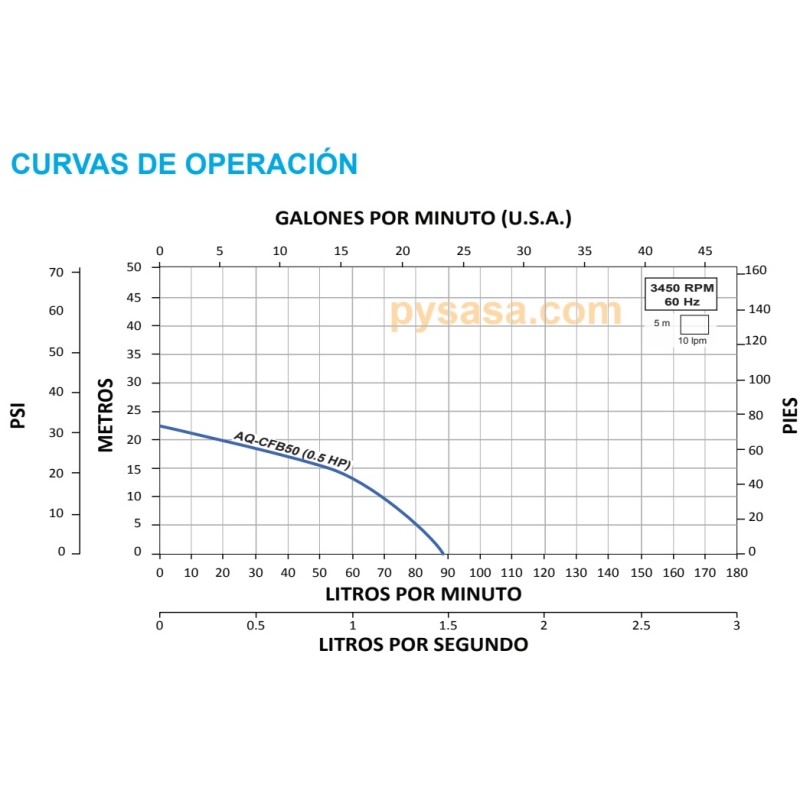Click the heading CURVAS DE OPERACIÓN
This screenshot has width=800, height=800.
point(184,163)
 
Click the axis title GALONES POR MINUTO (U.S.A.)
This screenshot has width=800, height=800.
point(423,217)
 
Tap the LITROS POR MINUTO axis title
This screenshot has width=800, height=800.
point(423,593)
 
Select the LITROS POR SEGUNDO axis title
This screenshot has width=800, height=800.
point(423,644)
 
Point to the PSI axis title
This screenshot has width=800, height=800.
point(17,416)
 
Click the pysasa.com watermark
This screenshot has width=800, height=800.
point(506,311)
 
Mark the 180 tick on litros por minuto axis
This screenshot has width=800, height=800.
point(736,573)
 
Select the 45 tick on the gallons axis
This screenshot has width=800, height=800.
point(706,251)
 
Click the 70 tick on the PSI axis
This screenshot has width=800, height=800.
point(56,272)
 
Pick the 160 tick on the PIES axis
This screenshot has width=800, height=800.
point(756,270)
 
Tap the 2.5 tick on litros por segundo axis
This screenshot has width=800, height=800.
point(640,625)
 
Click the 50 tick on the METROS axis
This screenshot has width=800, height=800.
point(134,267)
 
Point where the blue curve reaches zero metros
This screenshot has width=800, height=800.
point(444,553)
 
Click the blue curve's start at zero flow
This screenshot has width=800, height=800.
point(160,426)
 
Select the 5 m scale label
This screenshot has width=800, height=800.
point(662,324)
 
